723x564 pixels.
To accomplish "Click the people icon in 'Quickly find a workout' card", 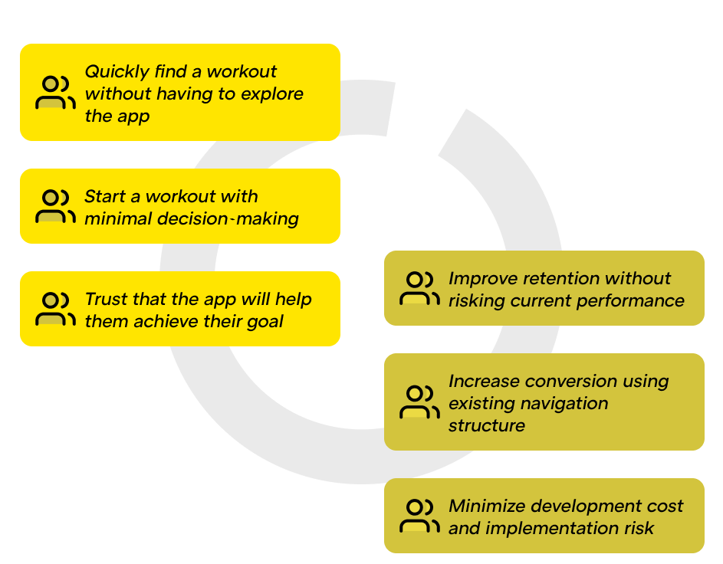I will click(x=55, y=93).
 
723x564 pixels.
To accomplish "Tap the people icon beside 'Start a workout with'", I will click(x=55, y=207).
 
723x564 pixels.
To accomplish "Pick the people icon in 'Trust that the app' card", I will click(x=55, y=310).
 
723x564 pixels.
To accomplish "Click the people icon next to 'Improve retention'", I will click(x=419, y=289).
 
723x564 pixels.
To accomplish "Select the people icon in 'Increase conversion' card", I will click(x=419, y=402).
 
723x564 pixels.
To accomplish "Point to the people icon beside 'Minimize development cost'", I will click(x=419, y=516).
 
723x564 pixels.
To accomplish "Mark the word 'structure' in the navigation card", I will click(x=486, y=425).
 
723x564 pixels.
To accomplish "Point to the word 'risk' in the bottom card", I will click(x=638, y=528).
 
